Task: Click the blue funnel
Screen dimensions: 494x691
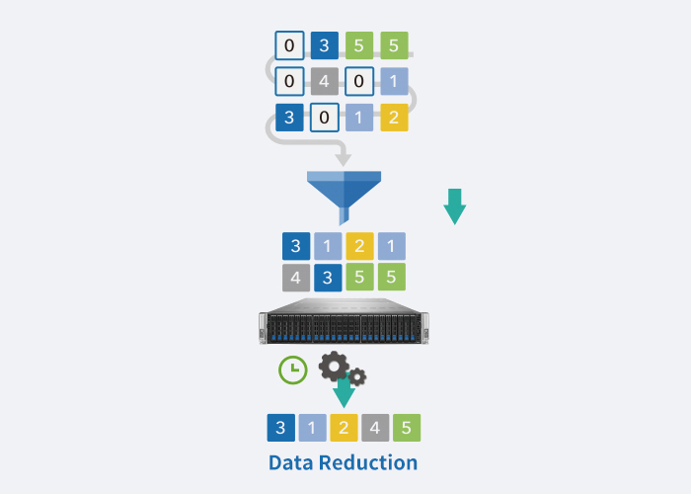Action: [x=344, y=188]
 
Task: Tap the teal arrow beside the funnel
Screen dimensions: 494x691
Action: [x=454, y=206]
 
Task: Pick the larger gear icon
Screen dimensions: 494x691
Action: [x=333, y=366]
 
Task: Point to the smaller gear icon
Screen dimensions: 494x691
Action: [x=357, y=376]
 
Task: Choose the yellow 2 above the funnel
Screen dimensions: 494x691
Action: [x=394, y=118]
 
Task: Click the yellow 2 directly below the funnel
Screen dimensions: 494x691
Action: [x=359, y=246]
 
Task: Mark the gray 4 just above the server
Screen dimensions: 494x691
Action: [x=295, y=277]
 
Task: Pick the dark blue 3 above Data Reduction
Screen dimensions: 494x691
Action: [x=281, y=428]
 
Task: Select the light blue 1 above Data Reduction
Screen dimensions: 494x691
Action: [x=313, y=428]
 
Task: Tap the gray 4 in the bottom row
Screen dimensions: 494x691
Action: [x=375, y=428]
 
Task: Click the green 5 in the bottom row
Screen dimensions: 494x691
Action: [x=407, y=428]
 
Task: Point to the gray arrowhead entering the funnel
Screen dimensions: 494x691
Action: [x=343, y=157]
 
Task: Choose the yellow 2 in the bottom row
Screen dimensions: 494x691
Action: [x=345, y=428]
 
